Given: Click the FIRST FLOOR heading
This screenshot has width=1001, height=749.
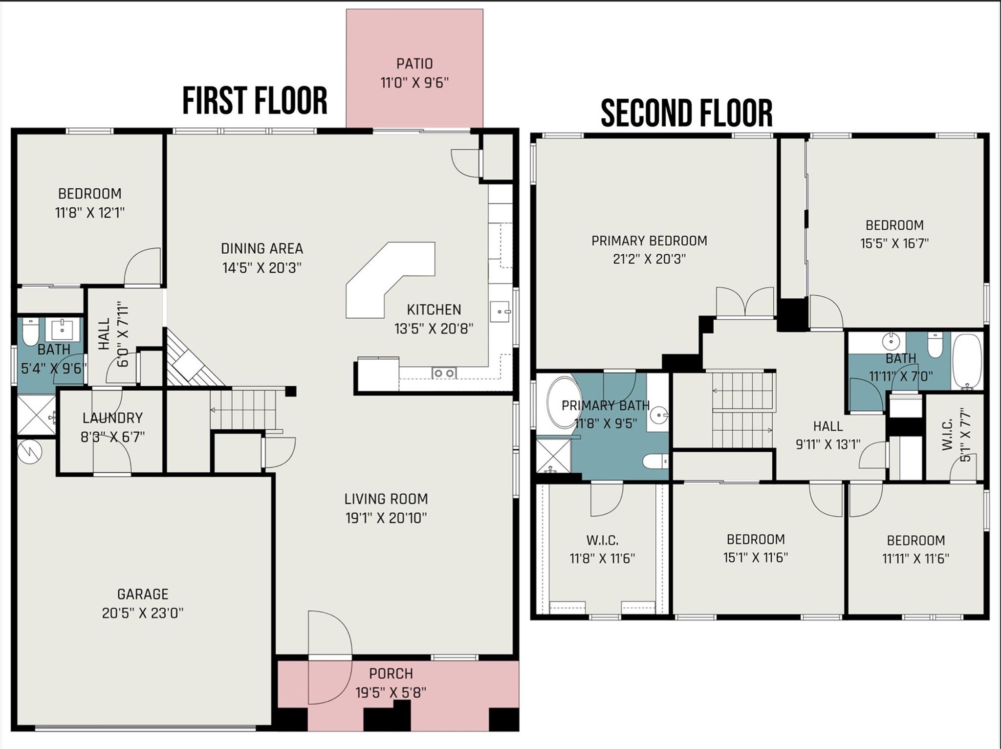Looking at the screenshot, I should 255,101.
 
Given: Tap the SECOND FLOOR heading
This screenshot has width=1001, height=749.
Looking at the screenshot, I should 686,113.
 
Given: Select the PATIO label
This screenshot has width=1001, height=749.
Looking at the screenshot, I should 414,64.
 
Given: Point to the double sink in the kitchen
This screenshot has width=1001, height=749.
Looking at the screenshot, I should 444,373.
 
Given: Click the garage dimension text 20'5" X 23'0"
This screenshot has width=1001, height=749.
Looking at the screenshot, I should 143,613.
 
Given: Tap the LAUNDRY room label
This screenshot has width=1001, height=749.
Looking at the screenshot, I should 112,418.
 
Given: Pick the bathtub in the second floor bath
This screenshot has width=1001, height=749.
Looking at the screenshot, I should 967,361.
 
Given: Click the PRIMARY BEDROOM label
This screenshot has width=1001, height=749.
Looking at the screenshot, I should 649,241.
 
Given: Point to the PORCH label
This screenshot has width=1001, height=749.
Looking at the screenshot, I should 391,673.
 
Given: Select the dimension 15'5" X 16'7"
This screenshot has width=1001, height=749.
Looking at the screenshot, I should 894,243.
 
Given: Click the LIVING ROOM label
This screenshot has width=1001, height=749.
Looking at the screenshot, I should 386,499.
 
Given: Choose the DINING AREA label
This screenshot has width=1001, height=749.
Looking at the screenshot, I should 262,248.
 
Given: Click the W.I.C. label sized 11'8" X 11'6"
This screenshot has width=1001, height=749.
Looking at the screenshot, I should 602,540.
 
